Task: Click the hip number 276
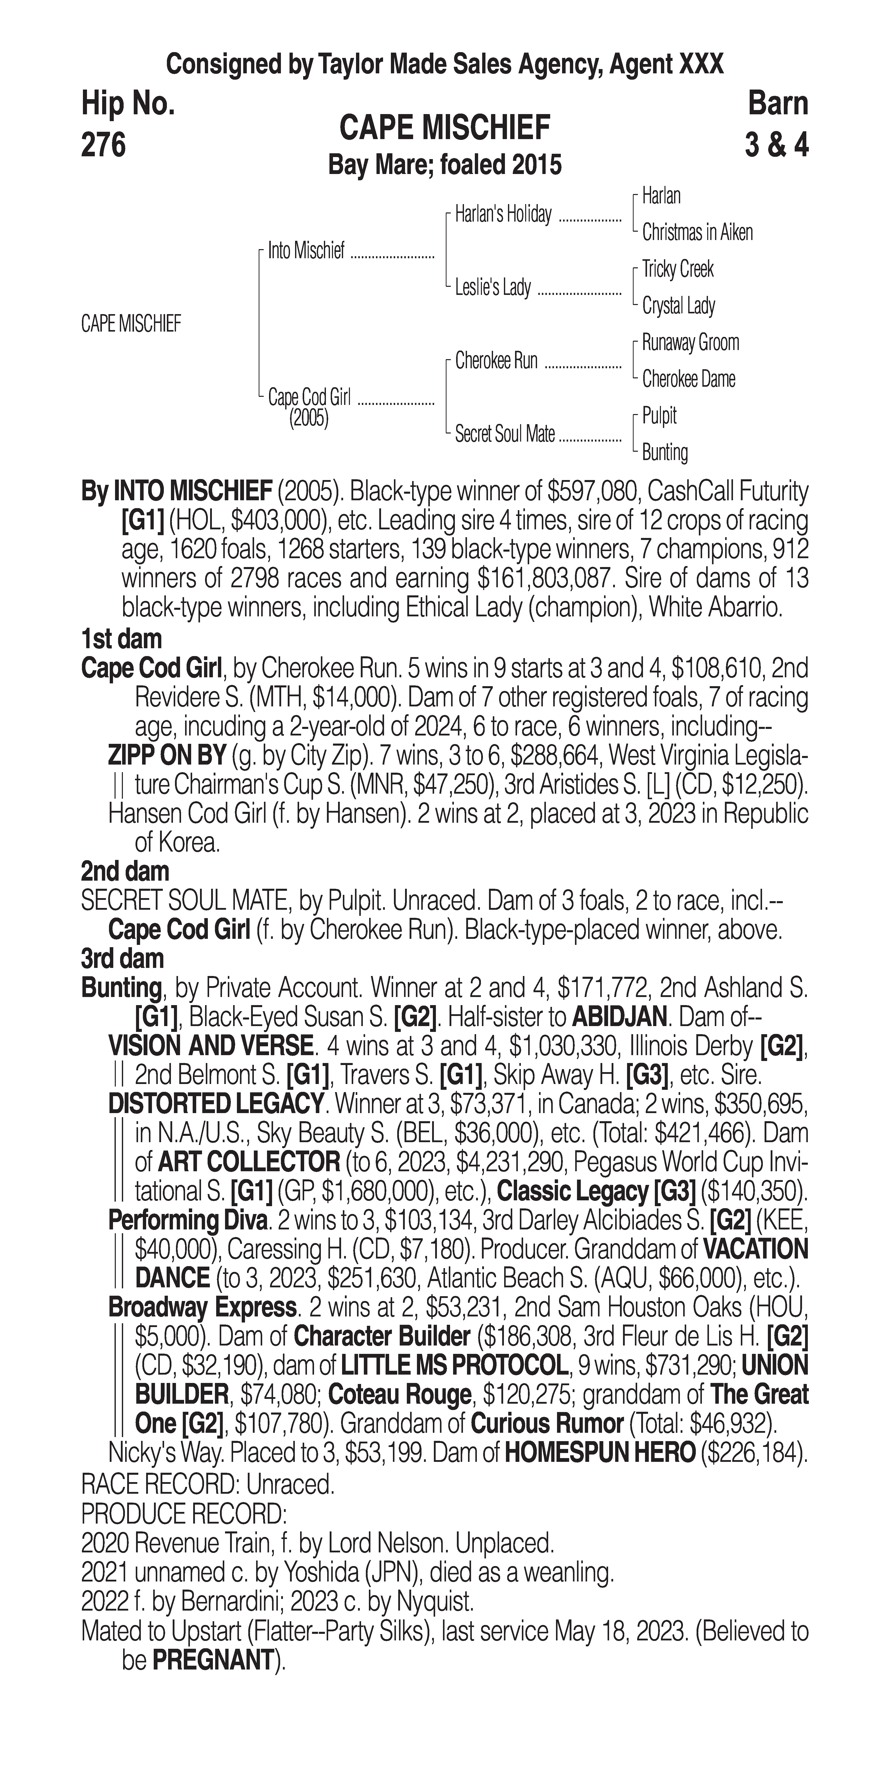point(103,145)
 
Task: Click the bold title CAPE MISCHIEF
point(445,128)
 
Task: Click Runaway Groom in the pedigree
point(690,342)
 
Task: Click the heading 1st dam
point(121,639)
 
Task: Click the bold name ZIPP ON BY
point(167,756)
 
